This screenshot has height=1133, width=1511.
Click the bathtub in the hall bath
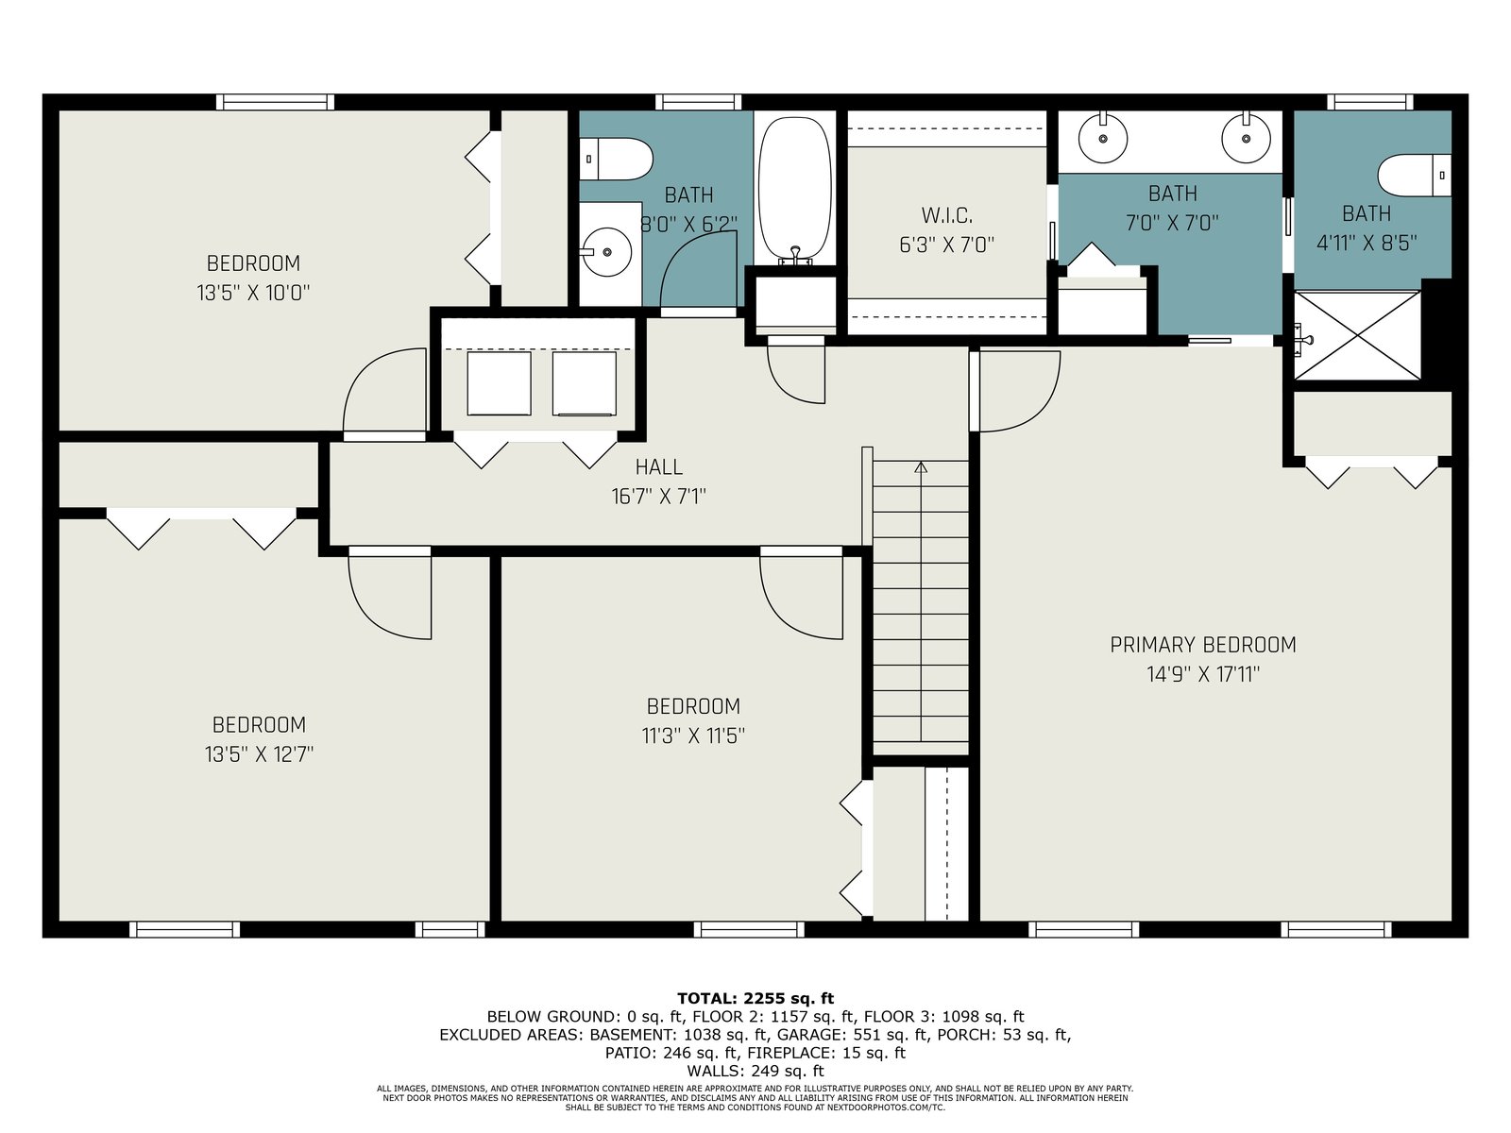pyautogui.click(x=794, y=189)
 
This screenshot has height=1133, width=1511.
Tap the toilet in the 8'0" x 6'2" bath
pyautogui.click(x=616, y=159)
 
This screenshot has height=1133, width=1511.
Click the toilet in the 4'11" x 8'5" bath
pyautogui.click(x=1414, y=176)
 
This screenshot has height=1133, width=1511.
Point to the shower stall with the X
pyautogui.click(x=1357, y=336)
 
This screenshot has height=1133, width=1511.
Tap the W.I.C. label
pyautogui.click(x=946, y=215)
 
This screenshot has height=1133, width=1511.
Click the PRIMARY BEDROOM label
pyautogui.click(x=1202, y=645)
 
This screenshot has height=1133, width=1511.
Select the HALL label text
pyautogui.click(x=659, y=467)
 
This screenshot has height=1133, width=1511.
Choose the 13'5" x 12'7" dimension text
pyautogui.click(x=259, y=754)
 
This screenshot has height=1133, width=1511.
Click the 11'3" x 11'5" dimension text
pyautogui.click(x=693, y=736)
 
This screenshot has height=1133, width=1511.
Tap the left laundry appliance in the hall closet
pyautogui.click(x=499, y=383)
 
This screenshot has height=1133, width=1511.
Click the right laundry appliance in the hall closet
pyautogui.click(x=584, y=383)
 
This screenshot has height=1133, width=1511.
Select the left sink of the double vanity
pyautogui.click(x=1103, y=138)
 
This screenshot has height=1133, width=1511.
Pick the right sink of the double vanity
pyautogui.click(x=1246, y=138)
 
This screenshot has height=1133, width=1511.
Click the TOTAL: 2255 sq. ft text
pyautogui.click(x=755, y=998)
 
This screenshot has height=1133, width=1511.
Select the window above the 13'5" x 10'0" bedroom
pyautogui.click(x=275, y=103)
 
